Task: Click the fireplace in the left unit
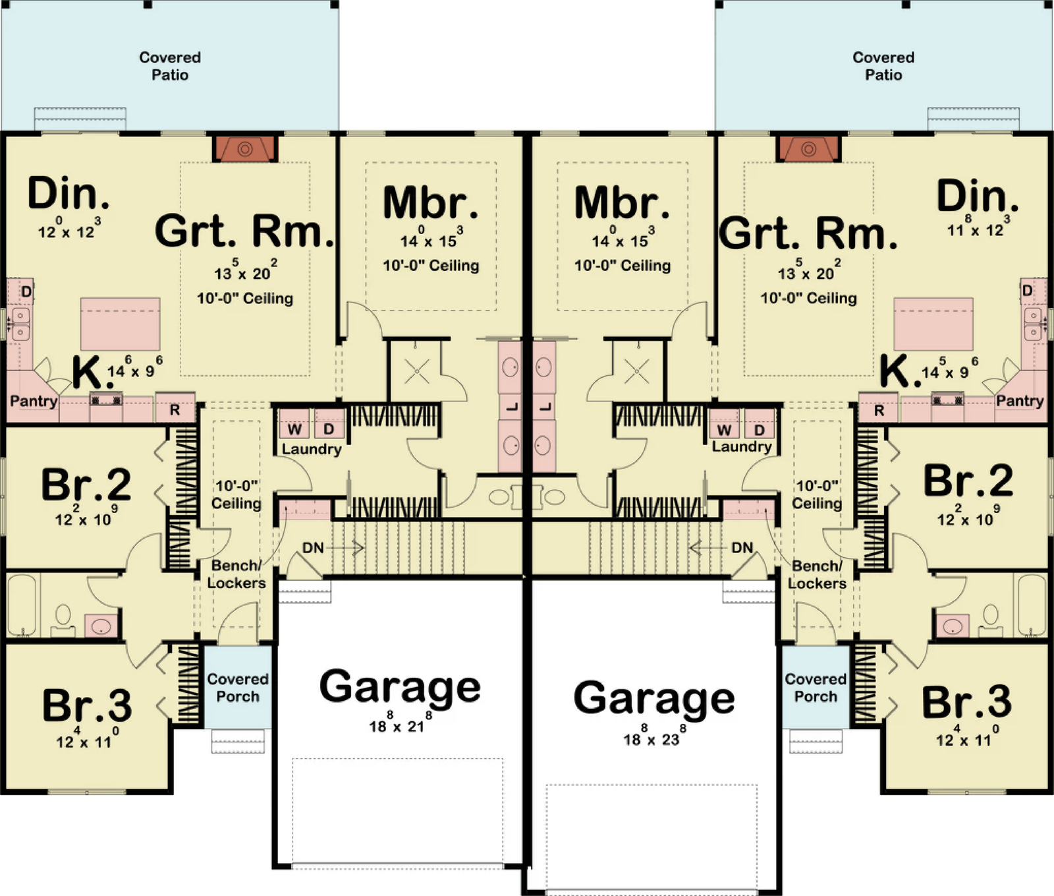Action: pos(245,148)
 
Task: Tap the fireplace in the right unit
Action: pos(808,148)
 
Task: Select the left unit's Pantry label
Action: pos(34,401)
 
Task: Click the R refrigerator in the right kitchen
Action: pos(879,409)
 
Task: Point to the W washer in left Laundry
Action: pos(294,429)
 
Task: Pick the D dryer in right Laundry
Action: pos(759,429)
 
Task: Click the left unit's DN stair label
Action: pos(313,548)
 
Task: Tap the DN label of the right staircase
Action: pos(742,548)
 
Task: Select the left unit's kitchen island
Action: pos(121,324)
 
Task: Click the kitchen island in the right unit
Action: pos(933,324)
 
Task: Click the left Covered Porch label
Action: pos(238,688)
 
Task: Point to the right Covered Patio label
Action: pos(883,66)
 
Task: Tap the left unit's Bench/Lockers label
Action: pos(236,574)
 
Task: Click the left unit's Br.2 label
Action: pos(86,485)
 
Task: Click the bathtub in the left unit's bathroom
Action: pos(22,605)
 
